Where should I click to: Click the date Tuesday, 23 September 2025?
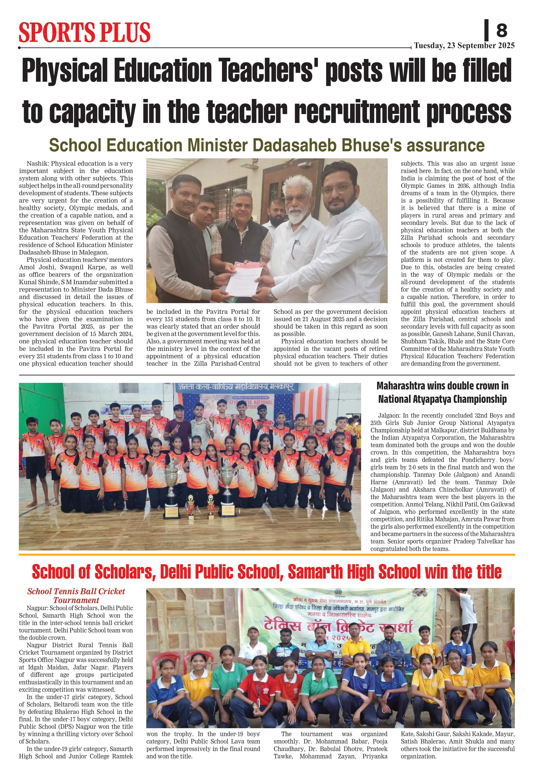[464, 46]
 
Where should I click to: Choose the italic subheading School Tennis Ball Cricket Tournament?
[76, 596]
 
